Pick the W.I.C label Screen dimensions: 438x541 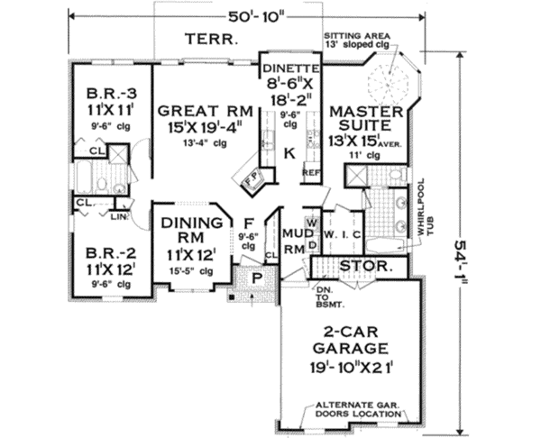click(343, 235)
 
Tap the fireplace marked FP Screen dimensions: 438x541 click(253, 179)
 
